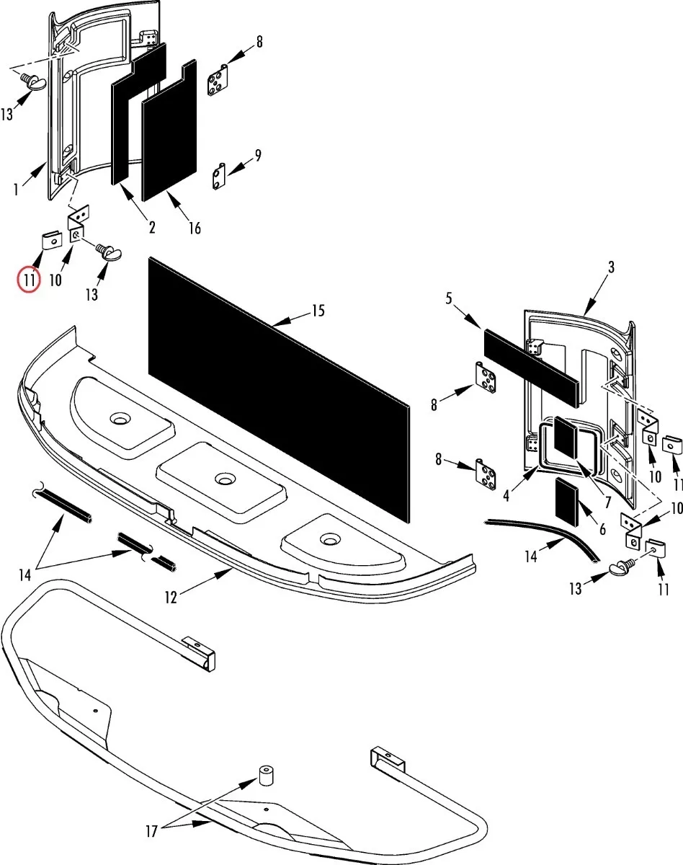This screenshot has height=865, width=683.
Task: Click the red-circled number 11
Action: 28,279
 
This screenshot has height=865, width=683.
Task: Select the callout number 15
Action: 318,311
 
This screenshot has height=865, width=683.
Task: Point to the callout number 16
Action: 194,229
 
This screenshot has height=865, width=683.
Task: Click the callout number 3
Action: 611,267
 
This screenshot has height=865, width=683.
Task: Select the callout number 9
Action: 257,155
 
